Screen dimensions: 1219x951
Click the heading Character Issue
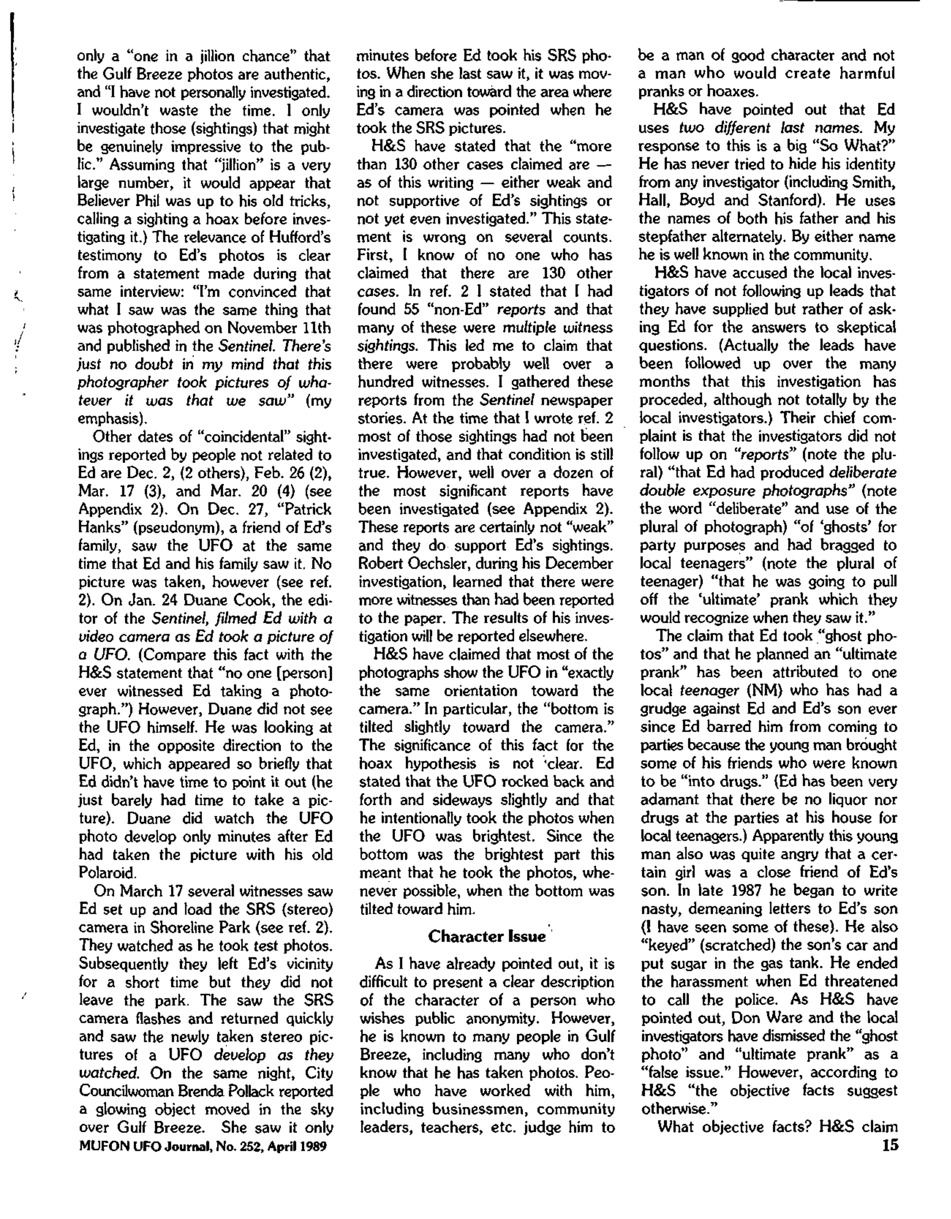[486, 936]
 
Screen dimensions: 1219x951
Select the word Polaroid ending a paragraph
[106, 872]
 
